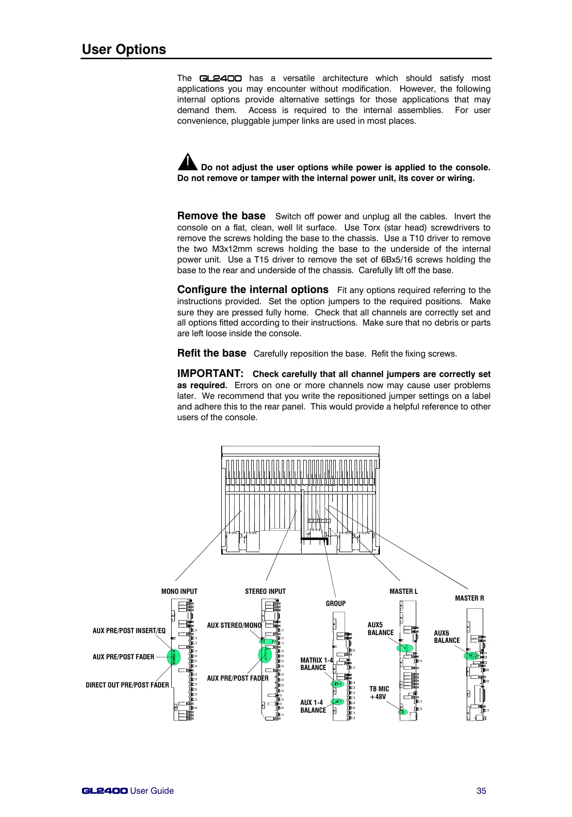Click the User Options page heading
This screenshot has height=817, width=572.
[124, 49]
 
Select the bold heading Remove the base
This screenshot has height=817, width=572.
[221, 216]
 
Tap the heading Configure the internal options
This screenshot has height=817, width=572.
[253, 290]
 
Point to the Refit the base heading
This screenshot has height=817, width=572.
[212, 353]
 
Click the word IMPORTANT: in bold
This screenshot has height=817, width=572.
[210, 374]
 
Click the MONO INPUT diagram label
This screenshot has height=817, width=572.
[179, 591]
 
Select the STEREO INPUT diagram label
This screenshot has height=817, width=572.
[265, 591]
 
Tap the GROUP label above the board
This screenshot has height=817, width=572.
[336, 604]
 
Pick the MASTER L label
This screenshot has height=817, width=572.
[403, 591]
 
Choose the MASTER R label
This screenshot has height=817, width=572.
[469, 598]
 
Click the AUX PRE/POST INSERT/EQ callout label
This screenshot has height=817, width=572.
[129, 631]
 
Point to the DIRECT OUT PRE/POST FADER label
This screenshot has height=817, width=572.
[127, 685]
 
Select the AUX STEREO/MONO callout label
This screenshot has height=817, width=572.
[234, 625]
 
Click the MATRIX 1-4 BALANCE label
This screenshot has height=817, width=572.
[316, 664]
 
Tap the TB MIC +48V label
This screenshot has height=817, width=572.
[379, 693]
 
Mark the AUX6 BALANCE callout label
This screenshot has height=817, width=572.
[446, 637]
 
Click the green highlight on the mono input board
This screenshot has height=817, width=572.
[173, 657]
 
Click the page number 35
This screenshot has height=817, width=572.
[481, 791]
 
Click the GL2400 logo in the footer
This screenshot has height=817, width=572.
[105, 791]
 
